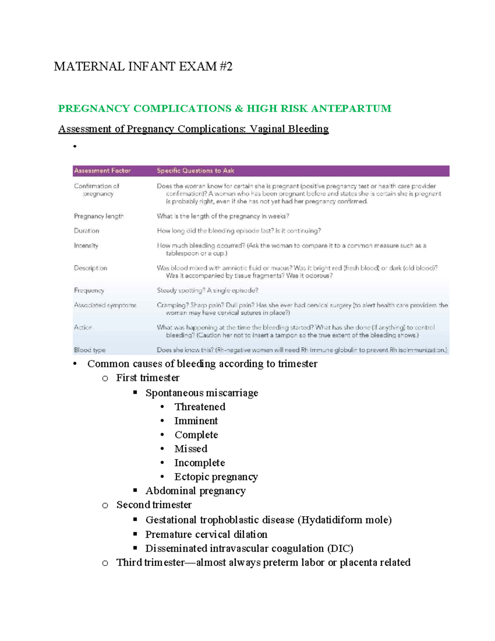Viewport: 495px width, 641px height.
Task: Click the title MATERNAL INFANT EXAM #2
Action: point(143,66)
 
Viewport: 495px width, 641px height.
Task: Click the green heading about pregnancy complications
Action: point(224,109)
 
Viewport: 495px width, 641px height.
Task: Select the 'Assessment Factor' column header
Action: point(102,170)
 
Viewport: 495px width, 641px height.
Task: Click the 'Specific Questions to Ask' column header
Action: point(195,170)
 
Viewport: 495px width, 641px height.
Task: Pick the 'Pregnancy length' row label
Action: point(99,216)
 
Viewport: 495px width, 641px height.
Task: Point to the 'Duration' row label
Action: point(87,231)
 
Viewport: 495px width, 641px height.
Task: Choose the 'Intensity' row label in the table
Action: point(86,246)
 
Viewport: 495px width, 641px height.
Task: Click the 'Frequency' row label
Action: point(89,290)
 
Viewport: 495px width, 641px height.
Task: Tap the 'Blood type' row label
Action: point(90,350)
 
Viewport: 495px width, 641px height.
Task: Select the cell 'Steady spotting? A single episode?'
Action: point(207,290)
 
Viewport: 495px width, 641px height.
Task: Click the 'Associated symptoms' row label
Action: point(105,305)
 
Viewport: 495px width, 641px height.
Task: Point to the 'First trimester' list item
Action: point(148,378)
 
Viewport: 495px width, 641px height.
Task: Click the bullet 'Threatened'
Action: point(200,407)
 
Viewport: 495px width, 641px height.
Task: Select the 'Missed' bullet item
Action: point(191,449)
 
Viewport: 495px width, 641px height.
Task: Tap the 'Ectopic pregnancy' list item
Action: point(216,477)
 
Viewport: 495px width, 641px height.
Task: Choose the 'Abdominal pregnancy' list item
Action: point(195,491)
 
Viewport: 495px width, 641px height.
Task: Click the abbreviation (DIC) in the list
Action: point(340,549)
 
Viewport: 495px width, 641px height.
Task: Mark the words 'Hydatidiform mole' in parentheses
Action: point(344,520)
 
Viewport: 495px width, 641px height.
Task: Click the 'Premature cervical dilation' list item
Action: point(206,535)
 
